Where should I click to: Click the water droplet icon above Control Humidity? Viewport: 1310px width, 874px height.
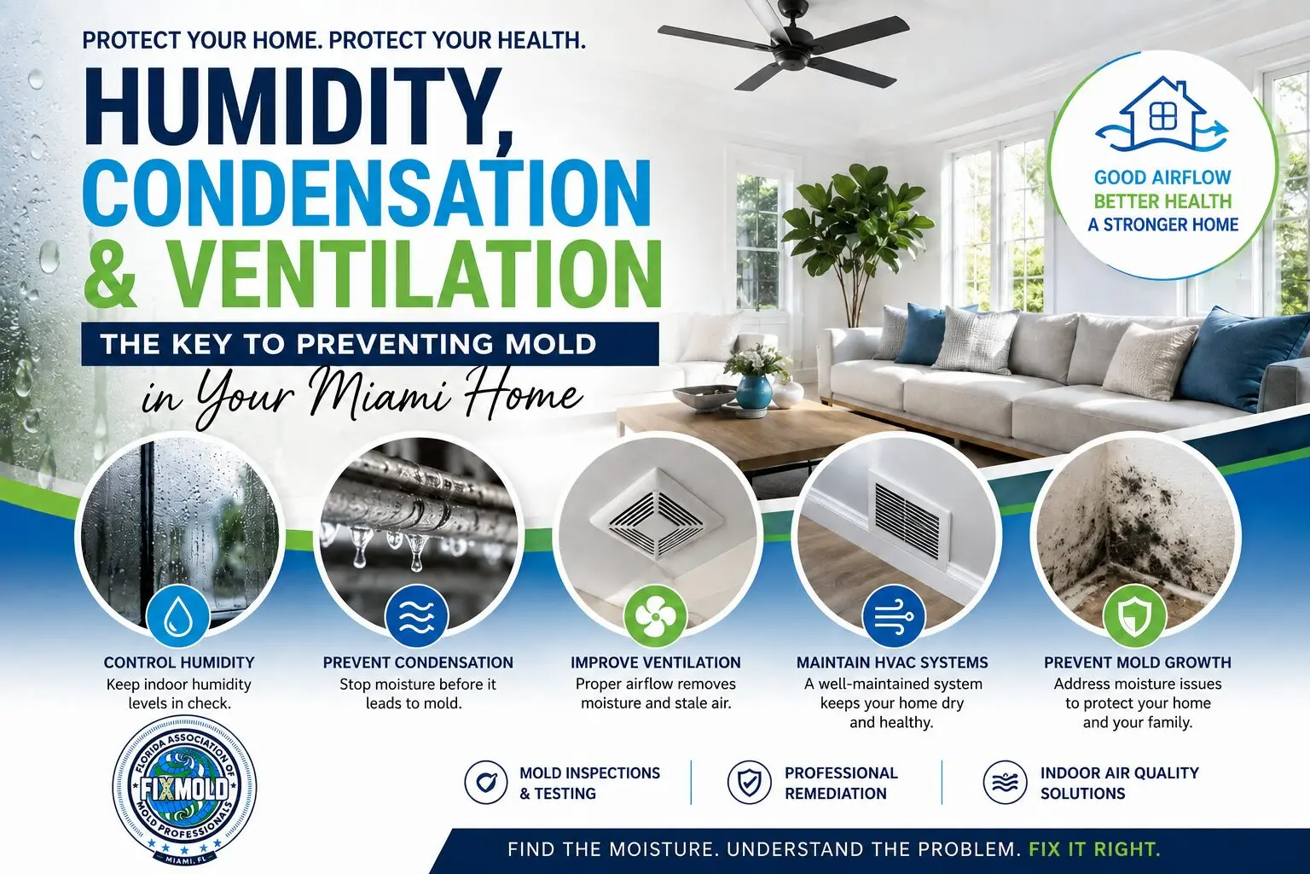[x=177, y=618]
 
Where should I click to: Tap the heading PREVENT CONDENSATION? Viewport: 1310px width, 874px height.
[x=418, y=662]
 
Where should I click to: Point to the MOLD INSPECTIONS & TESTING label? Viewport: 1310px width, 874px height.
[x=589, y=784]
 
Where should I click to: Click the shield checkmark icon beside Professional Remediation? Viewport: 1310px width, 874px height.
[x=749, y=782]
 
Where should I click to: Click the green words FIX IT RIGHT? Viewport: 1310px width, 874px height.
[x=1094, y=849]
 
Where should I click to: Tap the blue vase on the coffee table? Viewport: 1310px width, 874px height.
[x=753, y=392]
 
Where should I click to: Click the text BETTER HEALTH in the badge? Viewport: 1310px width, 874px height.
[x=1162, y=201]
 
